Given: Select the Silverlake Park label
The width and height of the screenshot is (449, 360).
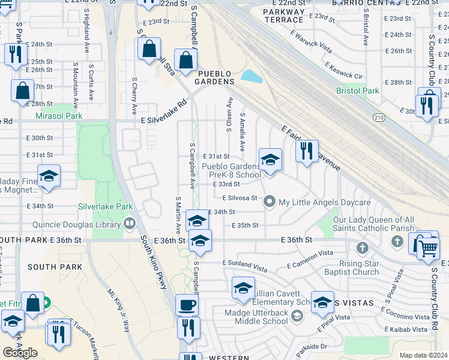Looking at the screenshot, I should [105, 206].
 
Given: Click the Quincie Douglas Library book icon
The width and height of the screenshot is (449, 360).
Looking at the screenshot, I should [129, 224].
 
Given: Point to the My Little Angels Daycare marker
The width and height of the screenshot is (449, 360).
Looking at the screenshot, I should [270, 202].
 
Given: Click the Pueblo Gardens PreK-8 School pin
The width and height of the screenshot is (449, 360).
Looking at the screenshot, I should [270, 160].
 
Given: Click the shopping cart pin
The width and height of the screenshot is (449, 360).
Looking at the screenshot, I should [428, 247].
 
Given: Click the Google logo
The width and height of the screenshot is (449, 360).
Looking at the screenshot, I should [20, 352].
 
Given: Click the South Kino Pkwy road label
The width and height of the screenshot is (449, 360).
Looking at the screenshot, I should [154, 262].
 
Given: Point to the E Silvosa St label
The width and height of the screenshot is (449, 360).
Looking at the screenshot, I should [240, 197].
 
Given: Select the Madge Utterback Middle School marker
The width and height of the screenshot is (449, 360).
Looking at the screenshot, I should [296, 316].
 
